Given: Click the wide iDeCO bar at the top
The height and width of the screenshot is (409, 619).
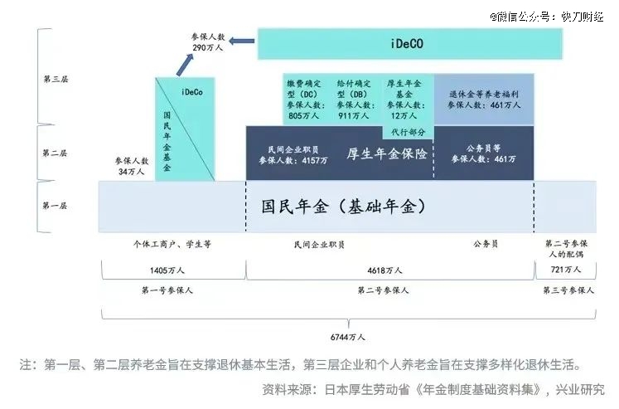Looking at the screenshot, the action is (410, 44).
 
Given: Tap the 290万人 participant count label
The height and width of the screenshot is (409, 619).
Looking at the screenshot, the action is (208, 47).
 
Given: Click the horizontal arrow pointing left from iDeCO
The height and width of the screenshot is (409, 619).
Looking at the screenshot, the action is (242, 41).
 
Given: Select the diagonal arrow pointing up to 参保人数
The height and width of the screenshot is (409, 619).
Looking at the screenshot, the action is (185, 65).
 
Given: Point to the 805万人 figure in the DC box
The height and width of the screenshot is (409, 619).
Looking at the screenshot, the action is (303, 116).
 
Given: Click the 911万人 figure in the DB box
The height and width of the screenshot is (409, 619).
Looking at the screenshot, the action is (353, 116).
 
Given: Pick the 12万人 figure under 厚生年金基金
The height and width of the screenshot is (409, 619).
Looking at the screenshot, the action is (404, 116).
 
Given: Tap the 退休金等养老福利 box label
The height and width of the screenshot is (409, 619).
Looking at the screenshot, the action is (484, 95).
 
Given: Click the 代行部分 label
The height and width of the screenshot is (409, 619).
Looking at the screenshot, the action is (408, 132).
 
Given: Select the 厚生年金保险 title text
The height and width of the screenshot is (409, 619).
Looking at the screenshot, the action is (387, 153).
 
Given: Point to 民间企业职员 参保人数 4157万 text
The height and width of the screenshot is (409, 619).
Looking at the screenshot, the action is (293, 155).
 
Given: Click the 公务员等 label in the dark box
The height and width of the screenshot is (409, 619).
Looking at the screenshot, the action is (483, 149).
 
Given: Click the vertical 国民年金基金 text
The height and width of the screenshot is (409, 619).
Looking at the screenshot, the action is (167, 141).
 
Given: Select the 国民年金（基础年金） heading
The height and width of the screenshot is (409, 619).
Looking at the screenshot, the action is (343, 207).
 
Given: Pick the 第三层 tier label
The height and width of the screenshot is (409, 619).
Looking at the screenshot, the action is (56, 79).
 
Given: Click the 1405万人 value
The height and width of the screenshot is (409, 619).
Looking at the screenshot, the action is (167, 270).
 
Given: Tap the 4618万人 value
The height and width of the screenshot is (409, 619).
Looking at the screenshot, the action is (384, 270).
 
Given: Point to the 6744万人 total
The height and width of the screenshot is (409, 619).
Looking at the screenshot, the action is (348, 337).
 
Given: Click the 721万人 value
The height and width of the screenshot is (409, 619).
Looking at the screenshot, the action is (566, 270).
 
